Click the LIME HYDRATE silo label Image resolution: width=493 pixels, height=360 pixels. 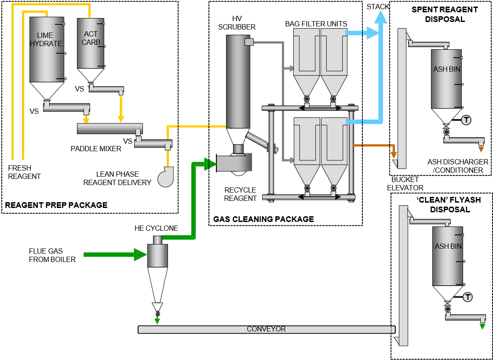(x=46, y=39)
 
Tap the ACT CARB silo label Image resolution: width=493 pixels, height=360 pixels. (x=91, y=38)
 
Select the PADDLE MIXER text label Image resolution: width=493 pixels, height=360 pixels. (x=96, y=149)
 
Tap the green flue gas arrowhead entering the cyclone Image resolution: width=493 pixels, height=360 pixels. (x=140, y=254)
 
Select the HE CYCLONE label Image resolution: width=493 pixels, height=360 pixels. (x=157, y=228)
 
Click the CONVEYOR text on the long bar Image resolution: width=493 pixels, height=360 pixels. (x=266, y=329)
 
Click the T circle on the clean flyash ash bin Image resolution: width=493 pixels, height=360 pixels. (x=467, y=297)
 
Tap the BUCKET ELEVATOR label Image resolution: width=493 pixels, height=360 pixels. (x=405, y=183)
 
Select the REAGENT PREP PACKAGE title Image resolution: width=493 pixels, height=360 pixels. (x=56, y=205)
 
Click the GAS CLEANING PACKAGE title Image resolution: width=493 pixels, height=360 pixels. (x=263, y=219)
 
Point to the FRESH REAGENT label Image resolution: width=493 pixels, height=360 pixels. (x=24, y=172)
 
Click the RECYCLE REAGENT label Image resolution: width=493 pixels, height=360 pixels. (x=240, y=194)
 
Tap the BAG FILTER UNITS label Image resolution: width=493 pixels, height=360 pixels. (x=316, y=23)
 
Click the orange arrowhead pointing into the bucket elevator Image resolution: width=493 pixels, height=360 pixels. (x=394, y=154)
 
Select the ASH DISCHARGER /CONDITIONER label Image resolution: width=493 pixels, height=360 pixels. (x=458, y=166)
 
